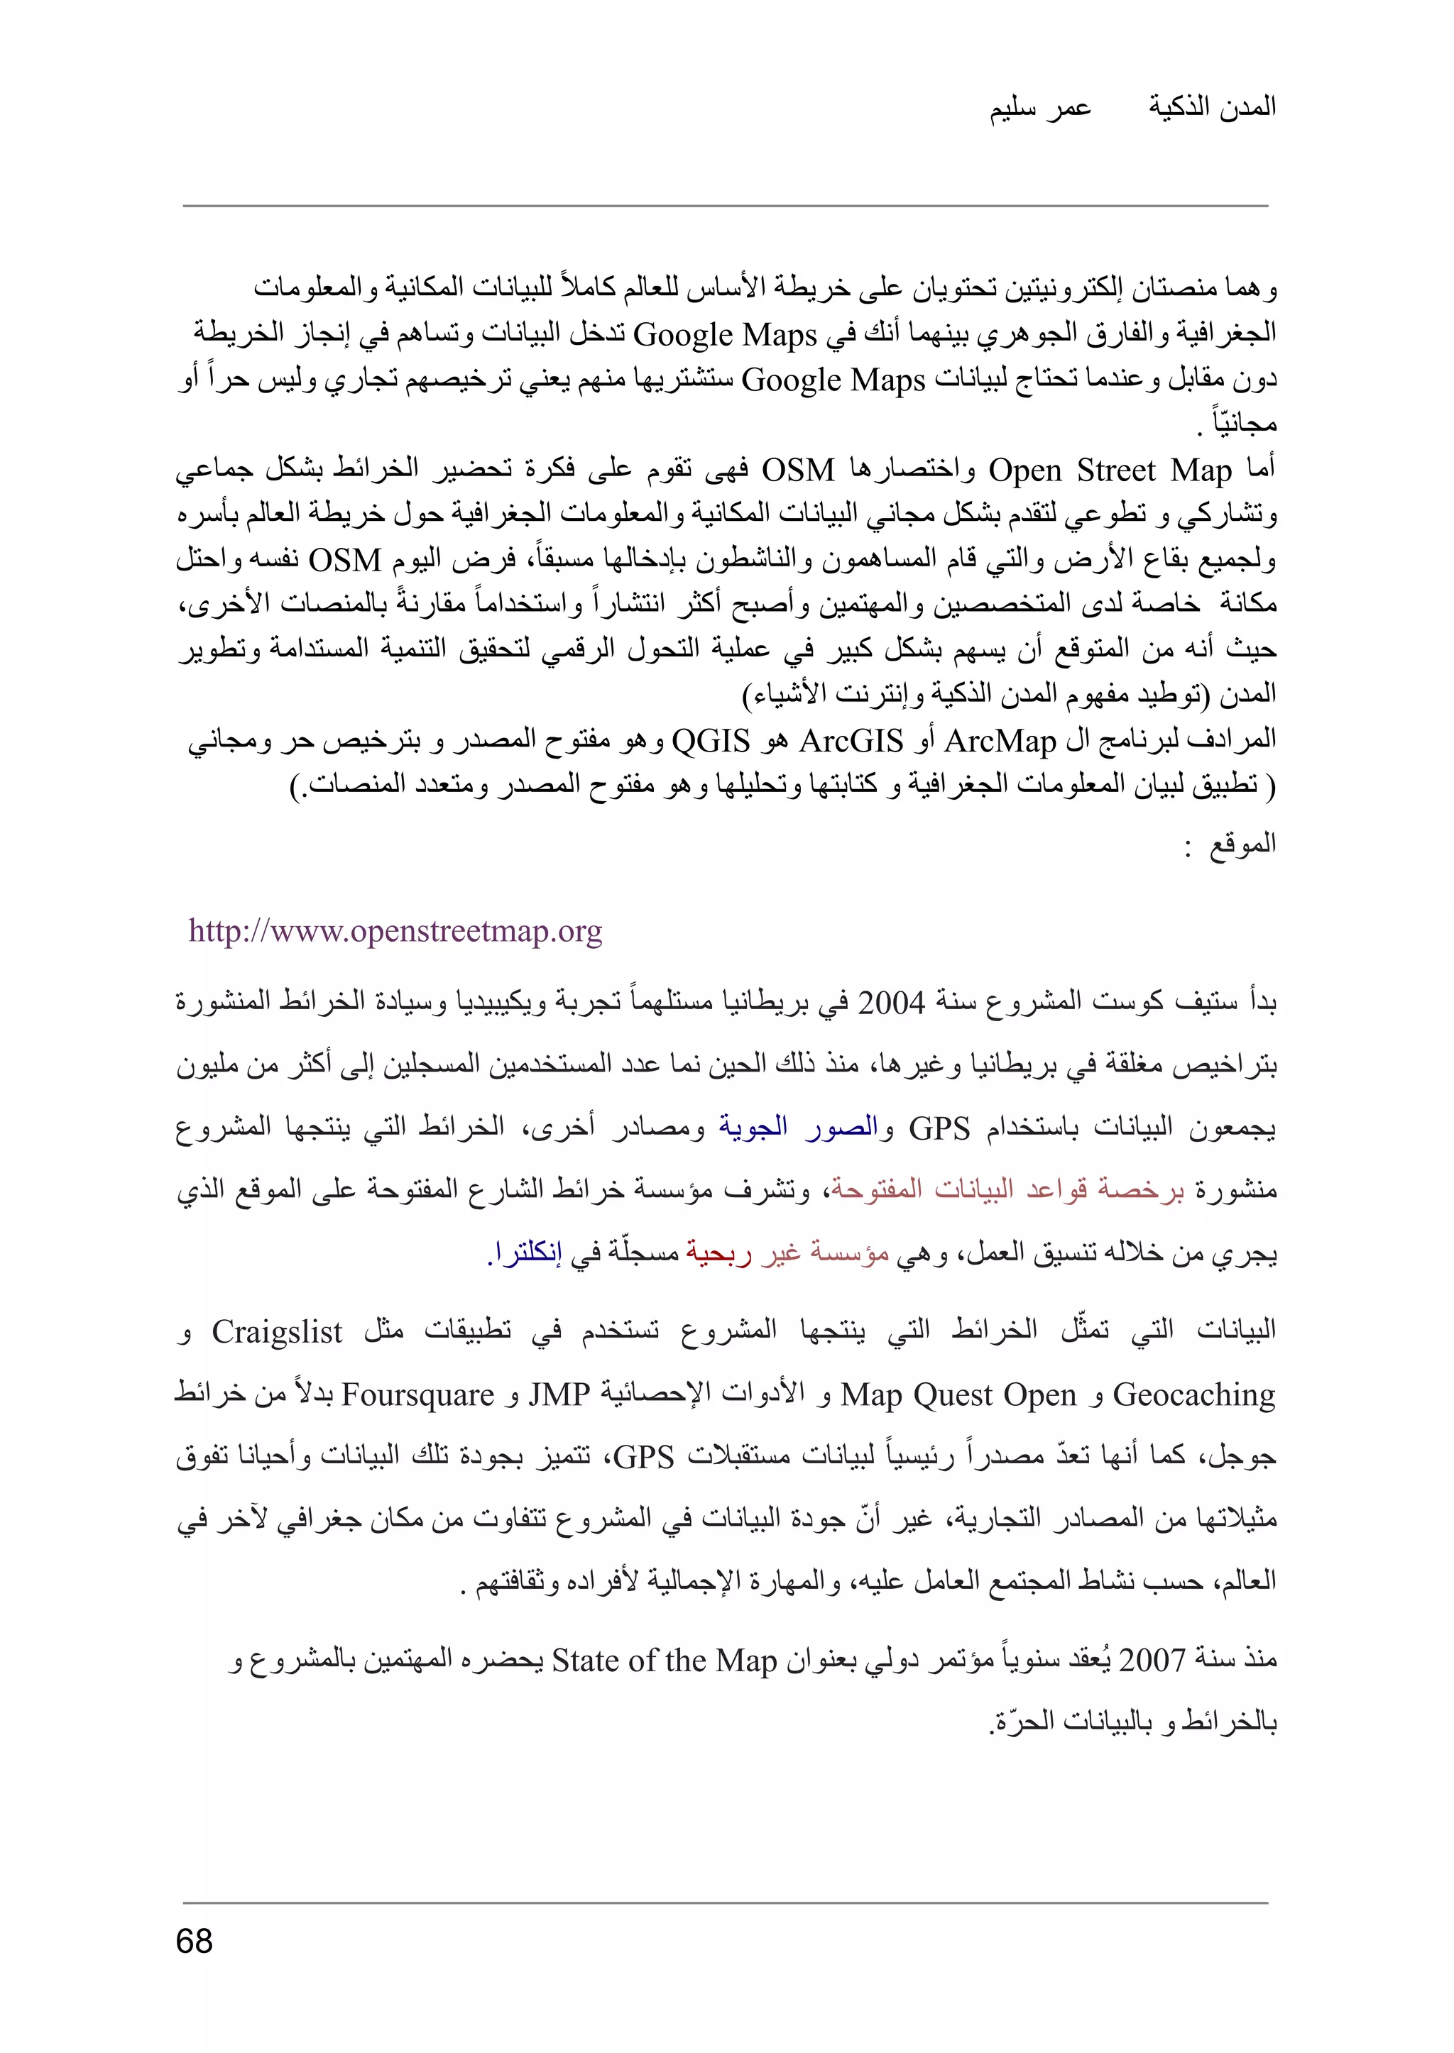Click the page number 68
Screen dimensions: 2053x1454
coord(195,1940)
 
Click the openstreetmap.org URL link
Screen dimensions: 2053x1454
coord(395,932)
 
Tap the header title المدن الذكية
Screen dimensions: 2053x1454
coord(1213,106)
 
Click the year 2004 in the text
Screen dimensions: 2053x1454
coord(891,1003)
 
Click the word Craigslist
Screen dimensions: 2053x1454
coord(277,1333)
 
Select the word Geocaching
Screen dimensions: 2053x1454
coord(1193,1395)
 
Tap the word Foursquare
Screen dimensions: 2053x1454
coord(418,1395)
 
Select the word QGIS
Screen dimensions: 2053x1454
coord(710,741)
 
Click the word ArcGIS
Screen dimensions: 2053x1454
coord(851,741)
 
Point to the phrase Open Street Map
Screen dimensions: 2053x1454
coord(1110,470)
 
